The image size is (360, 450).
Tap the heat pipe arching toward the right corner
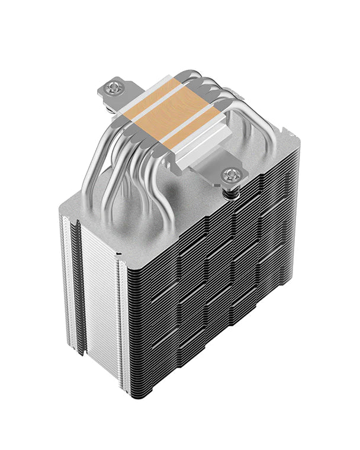[249, 118]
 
